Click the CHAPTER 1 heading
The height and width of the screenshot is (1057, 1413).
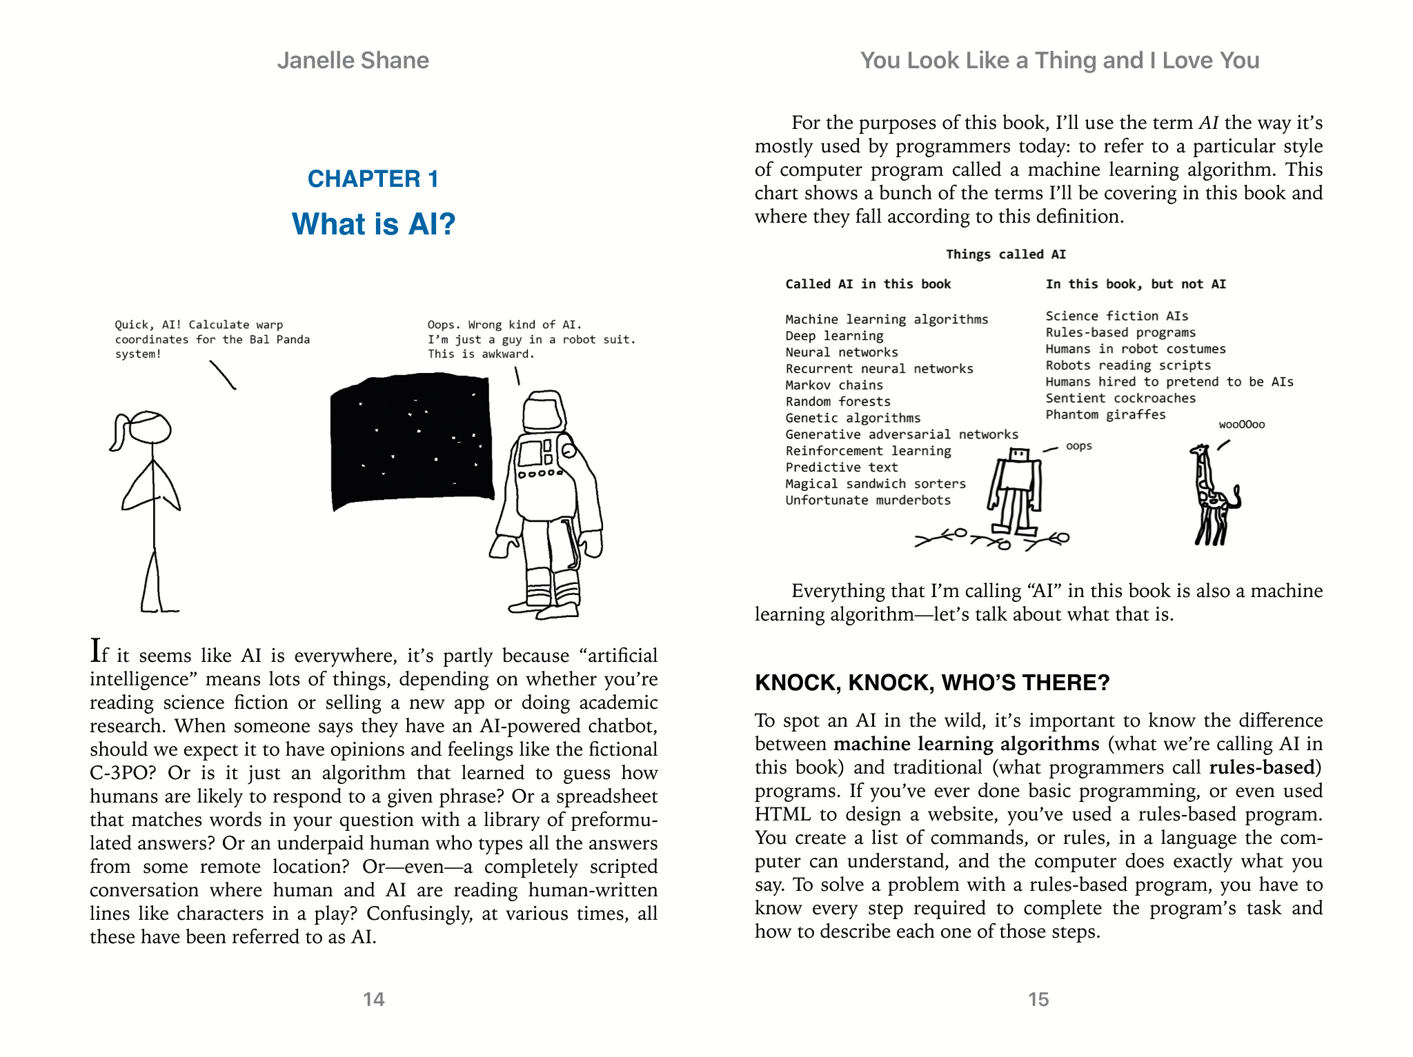[373, 179]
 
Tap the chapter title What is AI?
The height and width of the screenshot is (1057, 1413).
[373, 224]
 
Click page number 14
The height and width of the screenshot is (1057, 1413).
[373, 999]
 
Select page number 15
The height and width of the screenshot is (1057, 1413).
[1038, 999]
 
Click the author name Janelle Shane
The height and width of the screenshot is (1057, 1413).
[353, 61]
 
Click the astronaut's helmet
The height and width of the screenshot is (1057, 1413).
[544, 412]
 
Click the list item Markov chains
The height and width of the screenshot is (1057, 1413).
[834, 385]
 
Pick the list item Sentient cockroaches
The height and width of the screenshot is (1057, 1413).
[1120, 398]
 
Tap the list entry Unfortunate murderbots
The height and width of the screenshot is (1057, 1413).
[868, 500]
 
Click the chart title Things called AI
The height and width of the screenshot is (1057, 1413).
[1005, 254]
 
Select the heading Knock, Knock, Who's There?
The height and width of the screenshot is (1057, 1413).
[932, 683]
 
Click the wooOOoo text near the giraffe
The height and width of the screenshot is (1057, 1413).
[1241, 425]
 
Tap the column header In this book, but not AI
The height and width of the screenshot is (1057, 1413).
[1136, 284]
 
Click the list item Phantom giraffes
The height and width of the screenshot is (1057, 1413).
[1105, 414]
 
